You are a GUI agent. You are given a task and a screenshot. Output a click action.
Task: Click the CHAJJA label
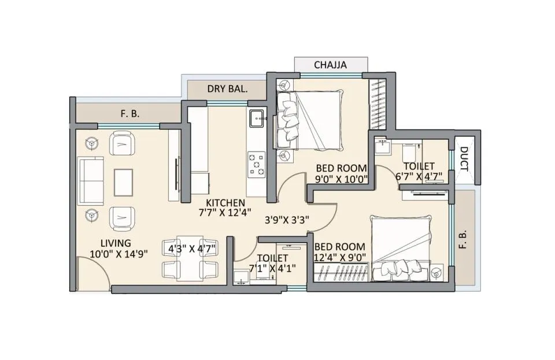330,65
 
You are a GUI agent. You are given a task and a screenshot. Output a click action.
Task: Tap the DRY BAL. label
227,89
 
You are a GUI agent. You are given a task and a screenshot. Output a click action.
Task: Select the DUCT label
465,159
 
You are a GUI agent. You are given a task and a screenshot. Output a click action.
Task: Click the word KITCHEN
225,203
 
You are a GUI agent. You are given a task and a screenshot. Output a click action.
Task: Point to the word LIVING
116,243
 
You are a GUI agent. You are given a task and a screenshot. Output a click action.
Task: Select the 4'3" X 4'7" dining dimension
192,249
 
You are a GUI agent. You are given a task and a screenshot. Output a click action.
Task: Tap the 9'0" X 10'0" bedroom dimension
342,179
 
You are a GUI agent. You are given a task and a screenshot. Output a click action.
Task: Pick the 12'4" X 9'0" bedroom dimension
340,257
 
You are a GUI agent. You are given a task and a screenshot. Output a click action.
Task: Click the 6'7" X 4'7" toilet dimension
419,176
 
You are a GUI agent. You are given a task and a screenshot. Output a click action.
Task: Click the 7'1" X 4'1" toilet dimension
272,268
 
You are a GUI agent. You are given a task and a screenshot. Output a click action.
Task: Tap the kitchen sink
257,118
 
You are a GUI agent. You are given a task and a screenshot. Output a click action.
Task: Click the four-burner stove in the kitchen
257,165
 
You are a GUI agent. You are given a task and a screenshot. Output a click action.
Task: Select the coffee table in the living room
123,182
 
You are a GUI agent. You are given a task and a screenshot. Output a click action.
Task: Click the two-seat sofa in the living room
91,181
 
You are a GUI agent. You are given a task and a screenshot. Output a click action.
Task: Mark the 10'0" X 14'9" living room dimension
119,254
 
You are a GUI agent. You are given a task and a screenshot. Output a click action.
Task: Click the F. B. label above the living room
130,113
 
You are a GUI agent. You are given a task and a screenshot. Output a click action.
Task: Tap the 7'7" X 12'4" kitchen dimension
225,213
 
